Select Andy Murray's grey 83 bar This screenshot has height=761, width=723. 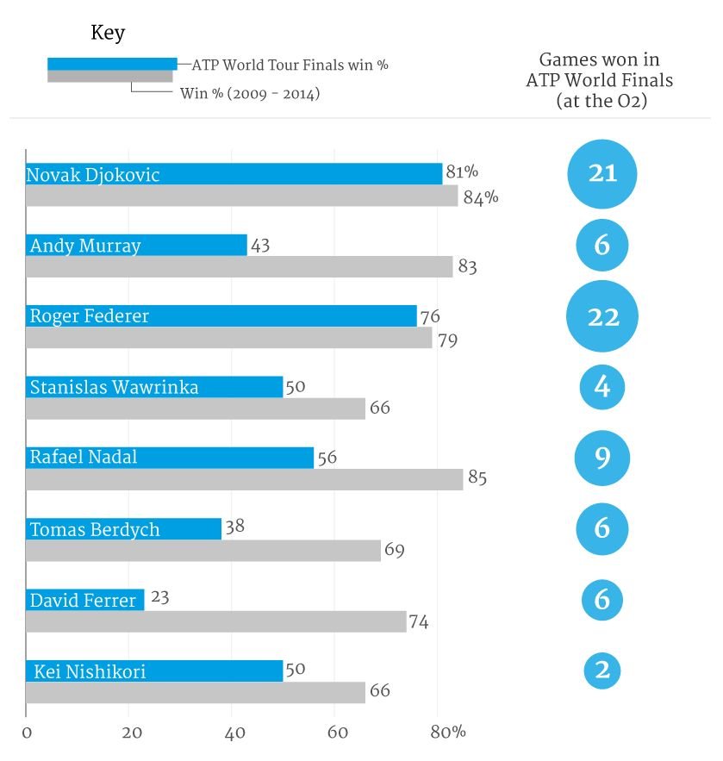click(x=239, y=267)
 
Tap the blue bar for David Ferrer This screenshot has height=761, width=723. click(x=84, y=600)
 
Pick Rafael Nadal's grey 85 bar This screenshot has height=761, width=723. click(x=244, y=479)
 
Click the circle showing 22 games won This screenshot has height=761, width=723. click(x=602, y=316)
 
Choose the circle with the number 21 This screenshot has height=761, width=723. click(x=602, y=174)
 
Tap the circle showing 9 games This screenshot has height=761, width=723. click(x=602, y=458)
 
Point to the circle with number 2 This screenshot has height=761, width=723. click(x=602, y=670)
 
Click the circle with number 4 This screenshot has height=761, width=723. click(x=602, y=387)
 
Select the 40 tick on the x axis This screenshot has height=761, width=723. click(x=234, y=733)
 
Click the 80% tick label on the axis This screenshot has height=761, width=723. click(x=448, y=733)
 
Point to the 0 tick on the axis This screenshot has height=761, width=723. click(x=27, y=733)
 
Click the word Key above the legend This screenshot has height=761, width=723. click(x=108, y=34)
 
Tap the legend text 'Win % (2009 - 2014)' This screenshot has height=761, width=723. click(x=249, y=93)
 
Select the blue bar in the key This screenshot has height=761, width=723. click(x=112, y=64)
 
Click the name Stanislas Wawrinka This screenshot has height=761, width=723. click(x=114, y=387)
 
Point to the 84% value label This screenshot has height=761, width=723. click(x=481, y=197)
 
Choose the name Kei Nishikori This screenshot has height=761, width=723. click(x=90, y=671)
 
